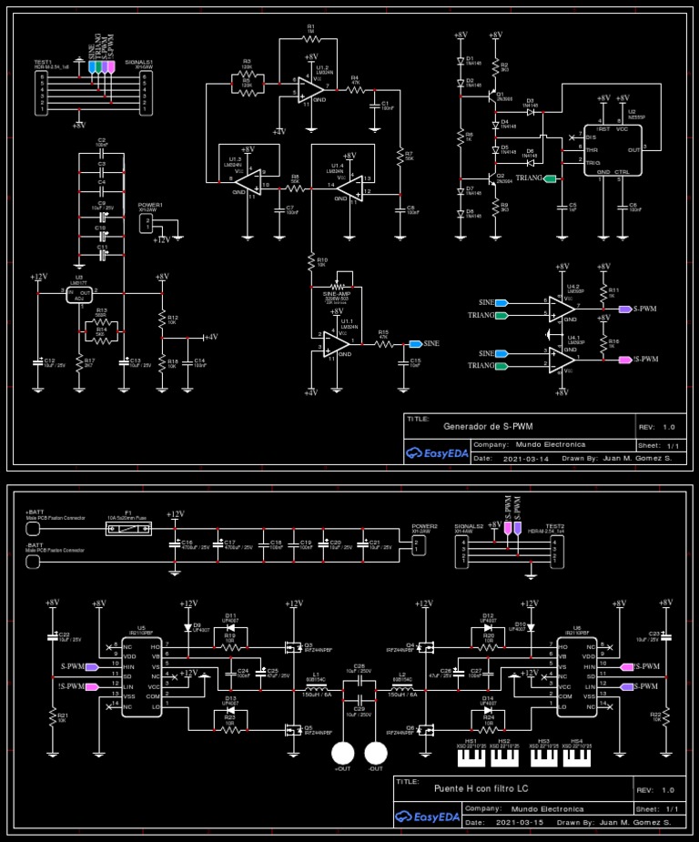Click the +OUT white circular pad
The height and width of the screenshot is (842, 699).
pyautogui.click(x=342, y=753)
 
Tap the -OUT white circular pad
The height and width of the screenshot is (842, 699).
pyautogui.click(x=376, y=753)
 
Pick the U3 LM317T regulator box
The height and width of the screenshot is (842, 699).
pyautogui.click(x=79, y=294)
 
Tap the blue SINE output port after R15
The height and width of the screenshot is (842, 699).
pyautogui.click(x=415, y=343)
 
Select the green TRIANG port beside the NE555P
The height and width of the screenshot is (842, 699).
pyautogui.click(x=550, y=178)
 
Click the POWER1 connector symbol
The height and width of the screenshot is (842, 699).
pyautogui.click(x=147, y=223)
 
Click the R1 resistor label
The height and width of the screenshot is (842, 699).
pyautogui.click(x=310, y=27)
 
